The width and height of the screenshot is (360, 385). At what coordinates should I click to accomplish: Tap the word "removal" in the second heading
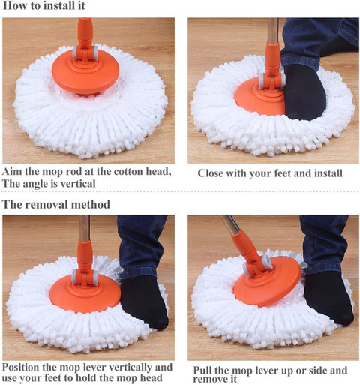coord(46,204)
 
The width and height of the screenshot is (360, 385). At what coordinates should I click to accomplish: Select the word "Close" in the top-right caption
coord(210,173)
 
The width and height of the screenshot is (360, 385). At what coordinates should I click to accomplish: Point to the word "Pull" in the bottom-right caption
coord(202,370)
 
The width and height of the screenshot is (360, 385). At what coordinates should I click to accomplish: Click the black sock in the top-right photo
coord(304,92)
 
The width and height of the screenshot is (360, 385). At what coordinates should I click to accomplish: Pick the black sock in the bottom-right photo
coord(328,298)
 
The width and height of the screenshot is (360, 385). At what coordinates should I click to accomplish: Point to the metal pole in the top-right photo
coord(272,30)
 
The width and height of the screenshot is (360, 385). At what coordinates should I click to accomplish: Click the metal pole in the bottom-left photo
coord(84,228)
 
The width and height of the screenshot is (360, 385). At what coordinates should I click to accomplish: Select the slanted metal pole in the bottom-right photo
coord(230,224)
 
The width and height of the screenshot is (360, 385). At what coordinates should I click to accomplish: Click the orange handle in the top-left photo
coord(85,38)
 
